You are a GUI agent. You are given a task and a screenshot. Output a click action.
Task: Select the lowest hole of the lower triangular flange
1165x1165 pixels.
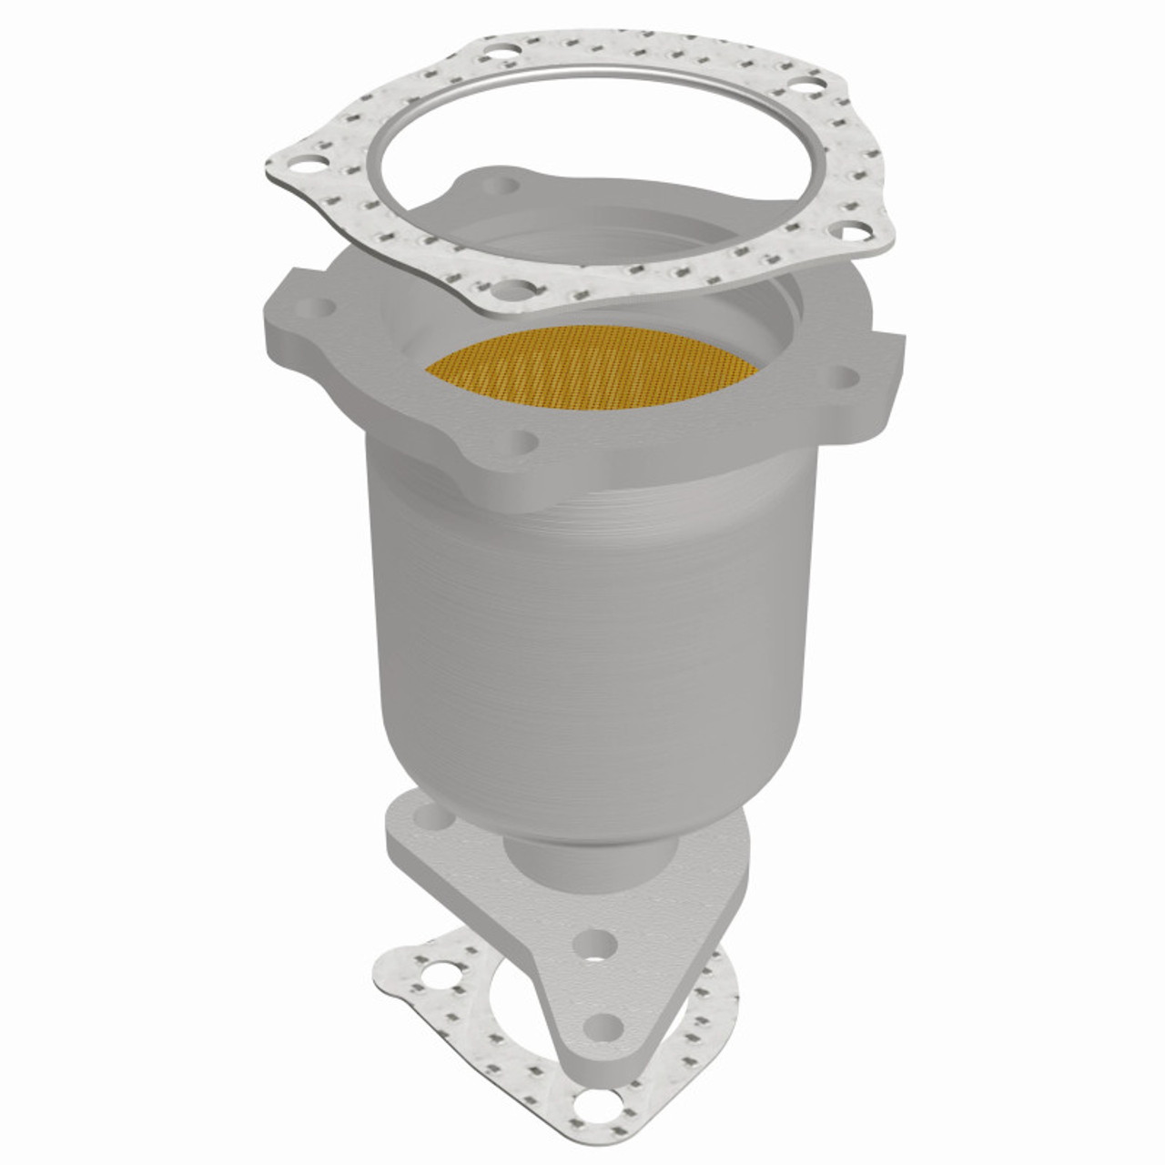tap(601, 1026)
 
